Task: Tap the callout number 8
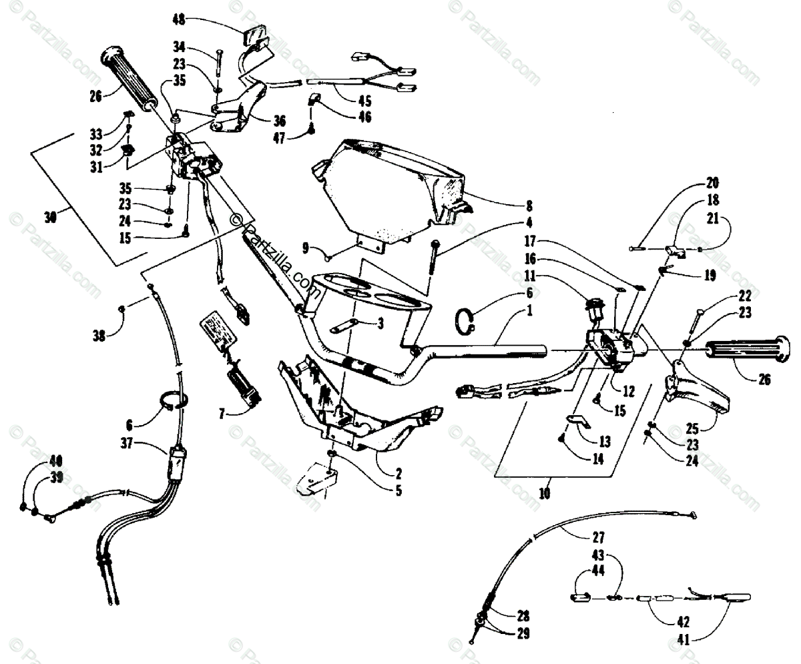(x=528, y=206)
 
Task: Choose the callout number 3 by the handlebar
(x=380, y=324)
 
